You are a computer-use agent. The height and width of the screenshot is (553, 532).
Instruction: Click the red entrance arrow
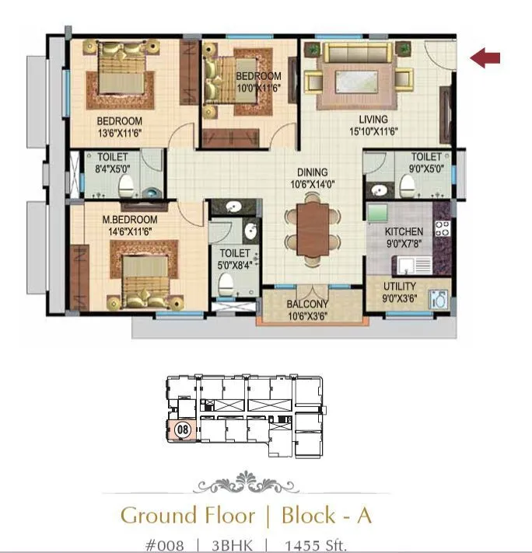485,57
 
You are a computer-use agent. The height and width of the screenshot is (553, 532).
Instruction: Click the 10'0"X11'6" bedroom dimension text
258,88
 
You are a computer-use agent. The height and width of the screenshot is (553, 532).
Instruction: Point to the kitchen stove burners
442,228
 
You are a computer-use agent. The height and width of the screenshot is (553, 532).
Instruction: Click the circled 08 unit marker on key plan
182,429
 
